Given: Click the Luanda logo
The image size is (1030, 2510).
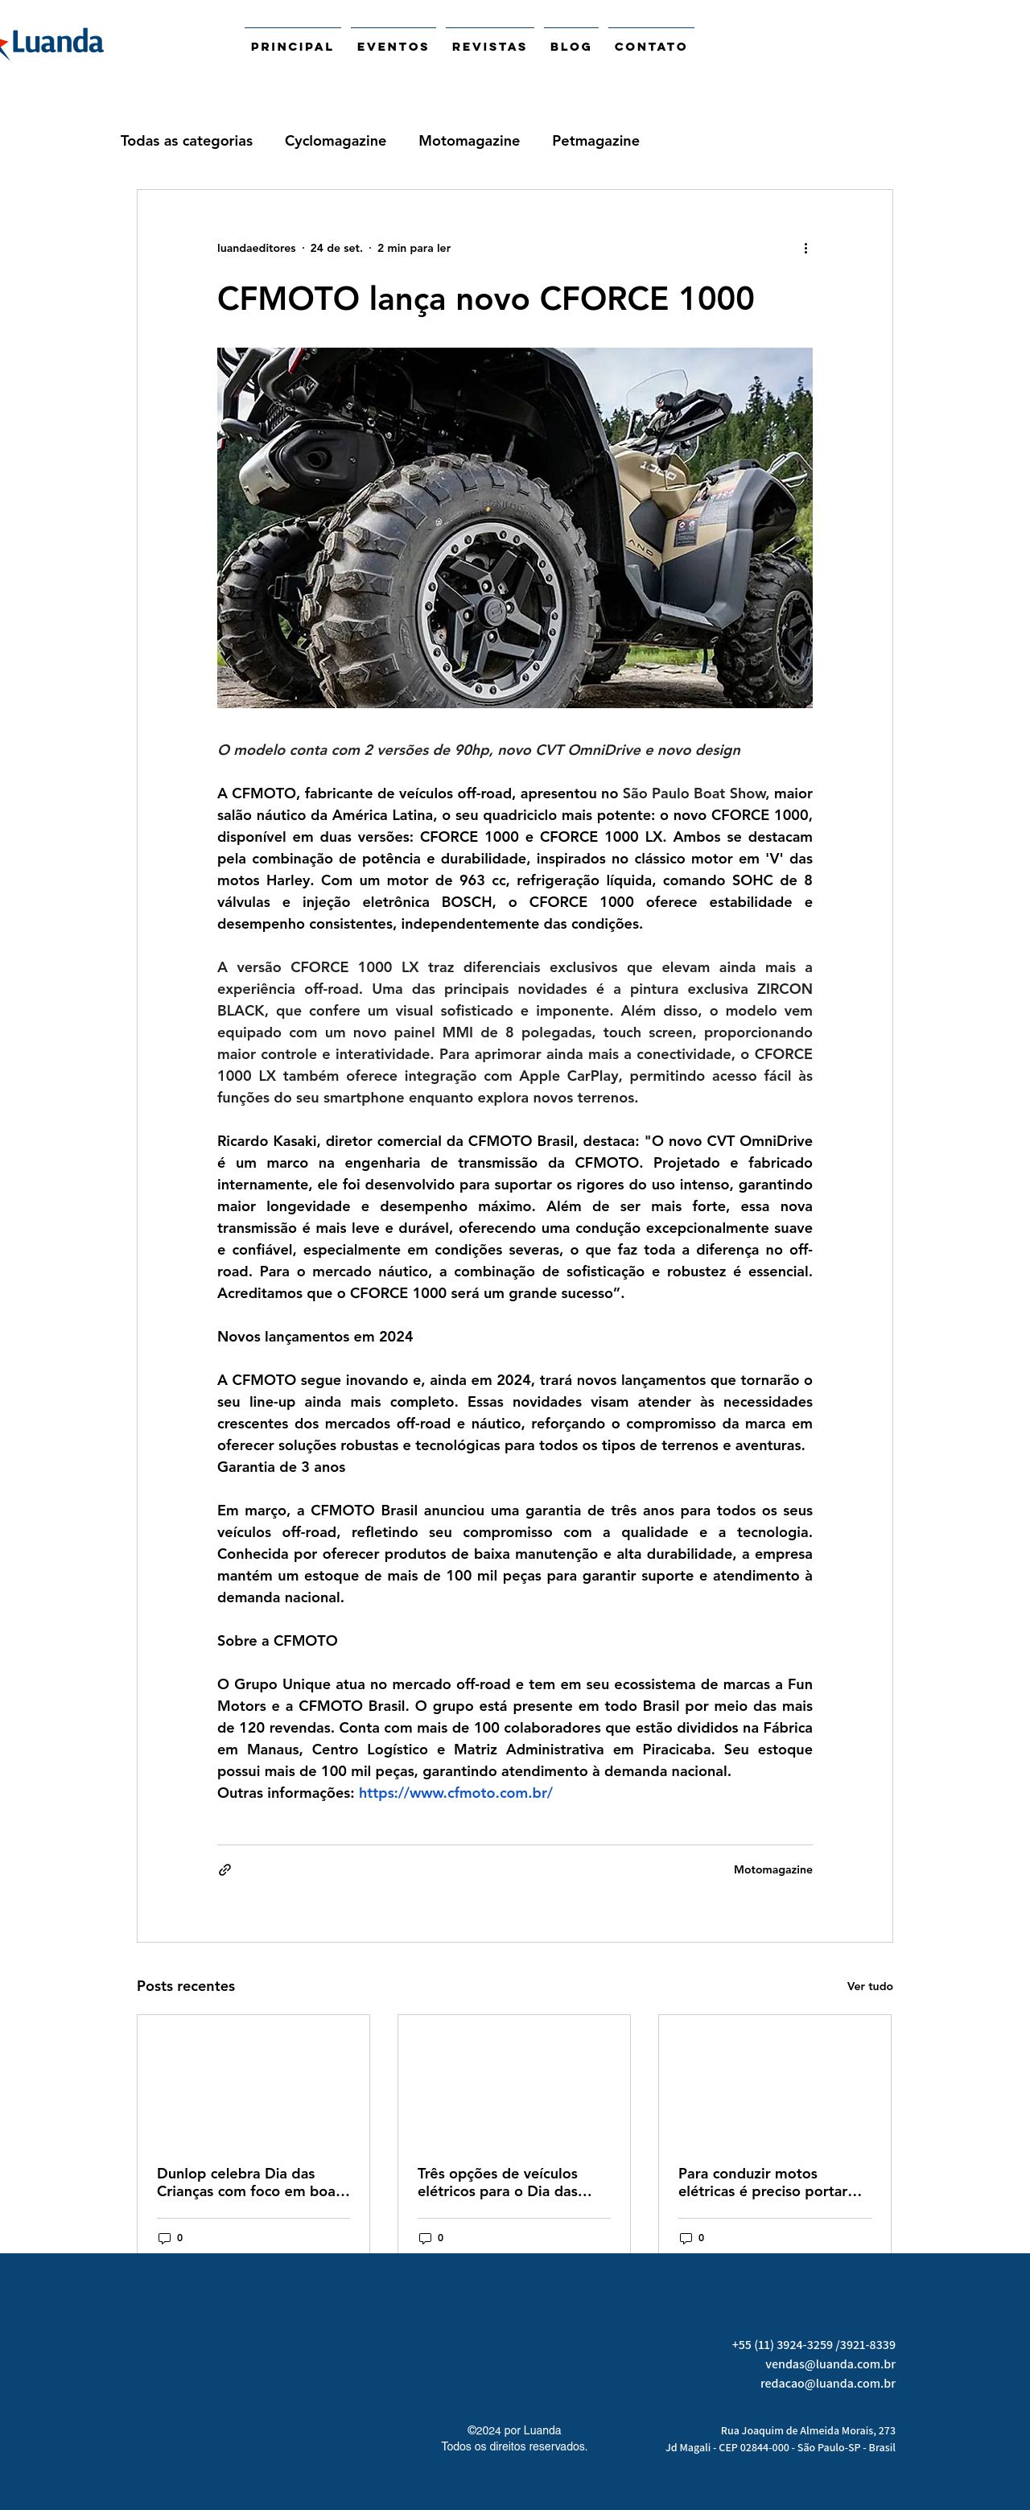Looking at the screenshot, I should (x=54, y=43).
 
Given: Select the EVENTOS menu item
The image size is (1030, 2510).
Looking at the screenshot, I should (x=393, y=46).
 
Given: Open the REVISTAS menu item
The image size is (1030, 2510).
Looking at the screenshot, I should (x=489, y=46).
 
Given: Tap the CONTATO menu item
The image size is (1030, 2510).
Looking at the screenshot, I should (x=651, y=46).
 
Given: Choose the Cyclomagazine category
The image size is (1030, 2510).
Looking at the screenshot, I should (x=336, y=140).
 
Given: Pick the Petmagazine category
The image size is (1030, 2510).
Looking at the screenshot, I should (x=595, y=140).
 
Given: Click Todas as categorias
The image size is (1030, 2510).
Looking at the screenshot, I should (x=186, y=140).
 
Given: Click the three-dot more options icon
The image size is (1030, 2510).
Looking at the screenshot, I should (x=805, y=249).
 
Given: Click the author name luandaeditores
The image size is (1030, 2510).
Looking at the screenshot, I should (x=256, y=249).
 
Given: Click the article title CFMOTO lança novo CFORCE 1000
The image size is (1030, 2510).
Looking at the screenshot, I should (x=485, y=299).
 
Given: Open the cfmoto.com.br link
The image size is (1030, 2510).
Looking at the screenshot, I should (x=455, y=1793).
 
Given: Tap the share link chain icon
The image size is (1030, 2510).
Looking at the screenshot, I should (x=225, y=1870).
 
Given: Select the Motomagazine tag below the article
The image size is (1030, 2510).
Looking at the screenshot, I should (x=772, y=1870).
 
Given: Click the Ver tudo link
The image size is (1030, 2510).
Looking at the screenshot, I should (x=869, y=1987).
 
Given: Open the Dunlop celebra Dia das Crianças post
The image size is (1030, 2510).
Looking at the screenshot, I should (x=253, y=2182).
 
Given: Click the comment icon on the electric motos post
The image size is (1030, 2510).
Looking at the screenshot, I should (x=685, y=2238).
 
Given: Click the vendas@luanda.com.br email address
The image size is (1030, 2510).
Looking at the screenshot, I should (x=830, y=2364).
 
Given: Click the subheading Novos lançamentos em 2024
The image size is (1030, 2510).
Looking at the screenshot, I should (x=315, y=1337).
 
